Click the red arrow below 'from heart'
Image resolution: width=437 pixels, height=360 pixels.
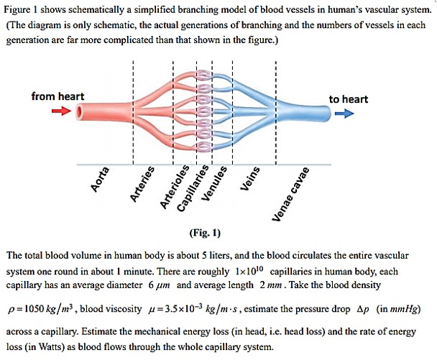(62, 111)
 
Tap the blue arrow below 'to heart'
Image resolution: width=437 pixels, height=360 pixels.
(344, 113)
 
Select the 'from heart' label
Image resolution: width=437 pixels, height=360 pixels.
(57, 96)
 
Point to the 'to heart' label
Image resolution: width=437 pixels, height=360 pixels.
(349, 99)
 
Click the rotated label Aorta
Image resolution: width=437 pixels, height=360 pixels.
(99, 180)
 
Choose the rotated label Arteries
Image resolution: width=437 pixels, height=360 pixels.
(142, 184)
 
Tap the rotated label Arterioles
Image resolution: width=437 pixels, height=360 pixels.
(175, 186)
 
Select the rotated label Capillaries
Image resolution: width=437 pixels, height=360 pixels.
(193, 188)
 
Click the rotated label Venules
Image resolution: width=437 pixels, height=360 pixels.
(214, 183)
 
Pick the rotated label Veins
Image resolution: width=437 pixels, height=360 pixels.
(249, 179)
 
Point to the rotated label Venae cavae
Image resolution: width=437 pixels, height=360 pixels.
(290, 194)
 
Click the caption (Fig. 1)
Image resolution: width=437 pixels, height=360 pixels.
(205, 233)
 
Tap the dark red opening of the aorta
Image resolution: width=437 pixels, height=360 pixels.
(79, 111)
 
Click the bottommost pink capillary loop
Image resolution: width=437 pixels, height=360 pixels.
(204, 147)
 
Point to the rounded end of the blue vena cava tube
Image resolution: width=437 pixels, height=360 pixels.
(328, 114)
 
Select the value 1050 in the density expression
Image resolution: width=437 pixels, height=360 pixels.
(34, 309)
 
